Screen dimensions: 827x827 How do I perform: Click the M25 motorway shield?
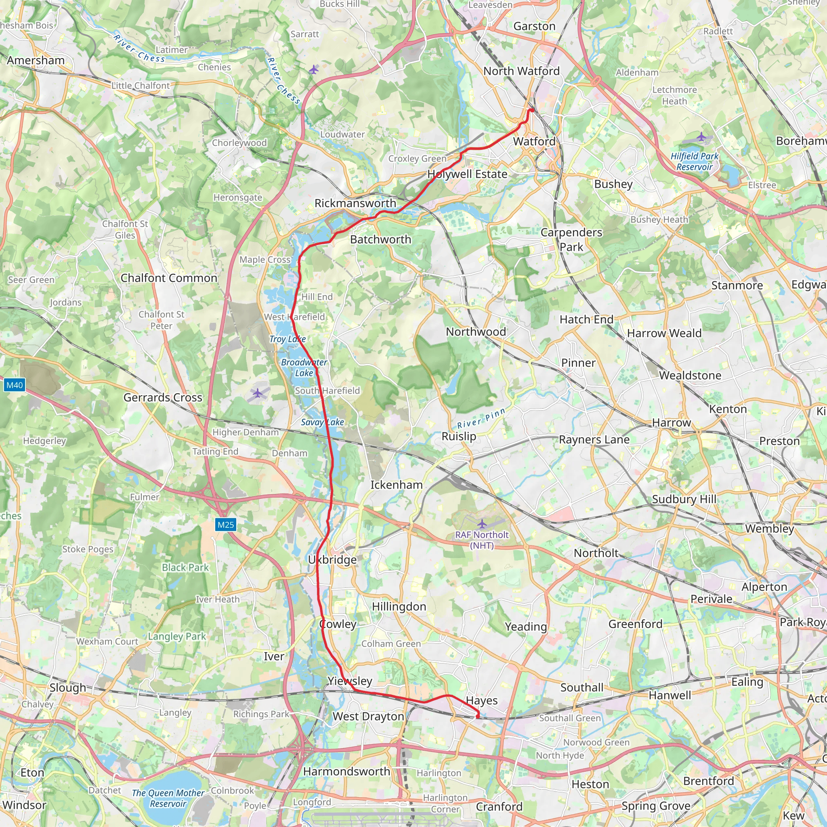(x=226, y=525)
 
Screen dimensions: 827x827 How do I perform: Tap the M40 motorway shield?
(x=14, y=385)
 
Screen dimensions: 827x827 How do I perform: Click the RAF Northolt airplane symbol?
(x=482, y=523)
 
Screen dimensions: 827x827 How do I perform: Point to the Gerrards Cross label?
(x=163, y=397)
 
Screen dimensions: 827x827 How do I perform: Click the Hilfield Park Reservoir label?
(x=694, y=162)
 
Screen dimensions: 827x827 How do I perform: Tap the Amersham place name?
(x=36, y=60)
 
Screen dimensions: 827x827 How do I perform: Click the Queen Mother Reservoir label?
(x=168, y=798)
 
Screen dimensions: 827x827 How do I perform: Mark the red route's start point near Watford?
(x=532, y=110)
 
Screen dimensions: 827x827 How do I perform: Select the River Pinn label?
(x=481, y=418)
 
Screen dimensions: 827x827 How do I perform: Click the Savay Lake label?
(x=322, y=422)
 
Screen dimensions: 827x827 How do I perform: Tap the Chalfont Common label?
(x=169, y=278)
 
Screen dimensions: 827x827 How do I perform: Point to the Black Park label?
(x=185, y=567)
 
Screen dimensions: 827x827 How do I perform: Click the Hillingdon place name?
(x=399, y=607)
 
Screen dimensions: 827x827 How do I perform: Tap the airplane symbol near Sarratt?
(x=314, y=69)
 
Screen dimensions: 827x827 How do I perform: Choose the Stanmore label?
(x=737, y=285)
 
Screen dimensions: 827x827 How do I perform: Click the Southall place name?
(x=581, y=687)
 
